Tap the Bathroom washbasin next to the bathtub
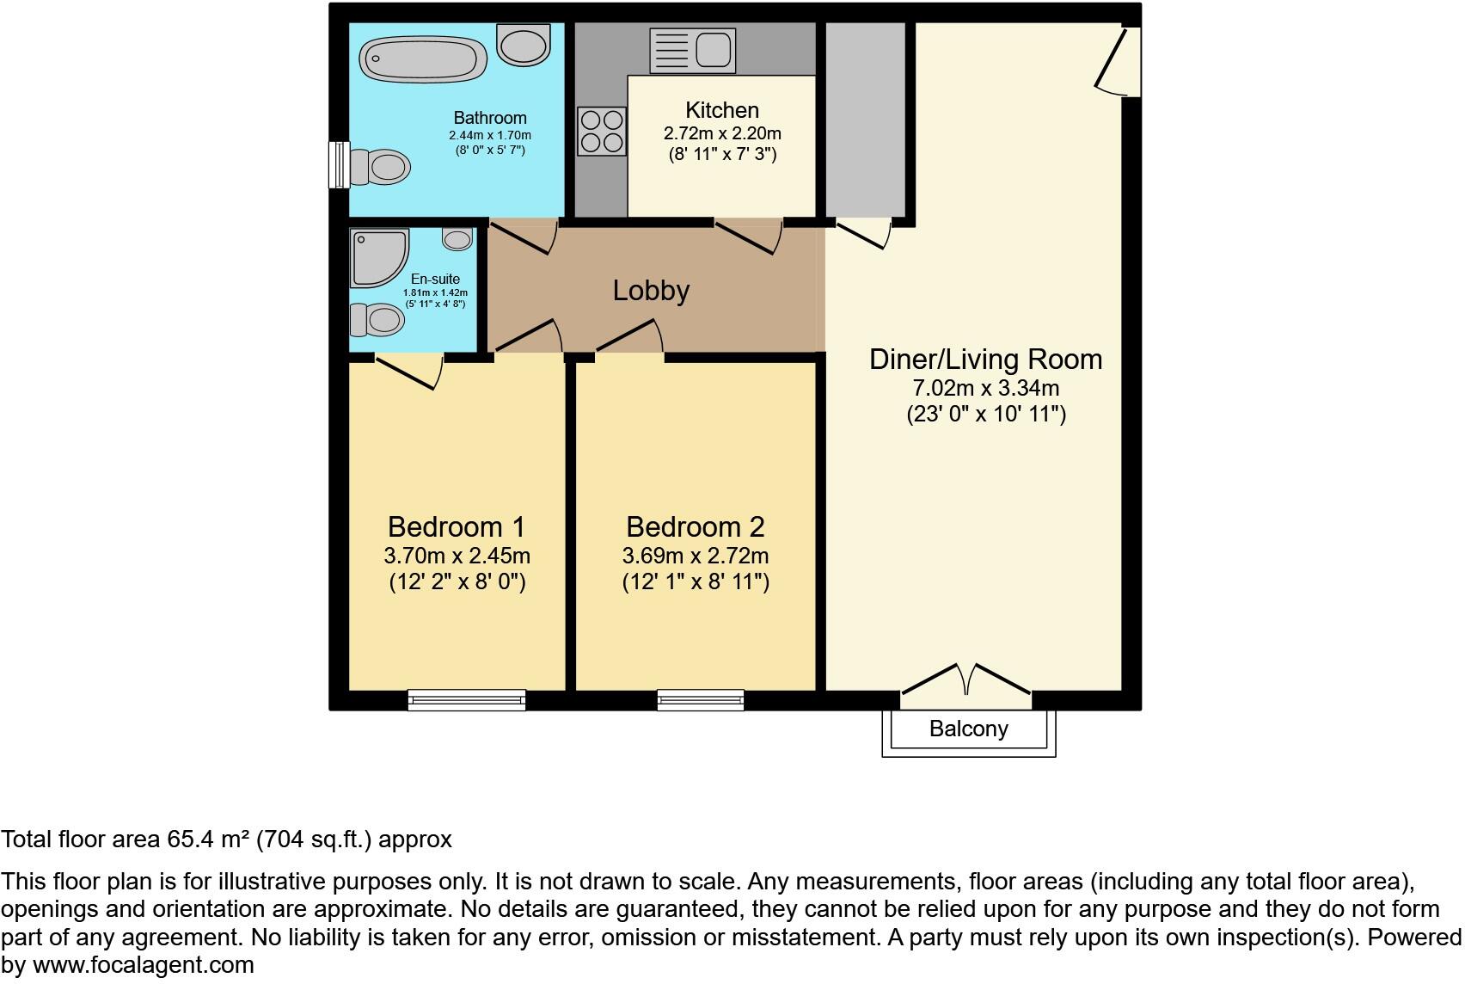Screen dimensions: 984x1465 pyautogui.click(x=524, y=45)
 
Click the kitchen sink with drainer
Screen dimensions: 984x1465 pyautogui.click(x=693, y=50)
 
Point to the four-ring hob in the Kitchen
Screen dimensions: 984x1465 pyautogui.click(x=602, y=131)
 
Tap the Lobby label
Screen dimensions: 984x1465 pyautogui.click(x=651, y=291)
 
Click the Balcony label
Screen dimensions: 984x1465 pyautogui.click(x=968, y=729)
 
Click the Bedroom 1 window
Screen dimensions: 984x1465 pyautogui.click(x=467, y=700)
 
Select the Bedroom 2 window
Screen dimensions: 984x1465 pyautogui.click(x=700, y=700)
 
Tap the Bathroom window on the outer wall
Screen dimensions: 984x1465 pyautogui.click(x=339, y=164)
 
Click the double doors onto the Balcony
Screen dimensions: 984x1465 pyautogui.click(x=966, y=680)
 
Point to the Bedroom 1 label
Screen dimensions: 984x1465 pyautogui.click(x=456, y=526)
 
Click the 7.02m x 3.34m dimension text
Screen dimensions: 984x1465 pyautogui.click(x=985, y=388)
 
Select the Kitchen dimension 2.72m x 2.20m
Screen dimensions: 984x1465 pyautogui.click(x=722, y=133)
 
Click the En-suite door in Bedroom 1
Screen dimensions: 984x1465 pyautogui.click(x=409, y=372)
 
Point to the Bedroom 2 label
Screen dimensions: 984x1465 pyautogui.click(x=695, y=526)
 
